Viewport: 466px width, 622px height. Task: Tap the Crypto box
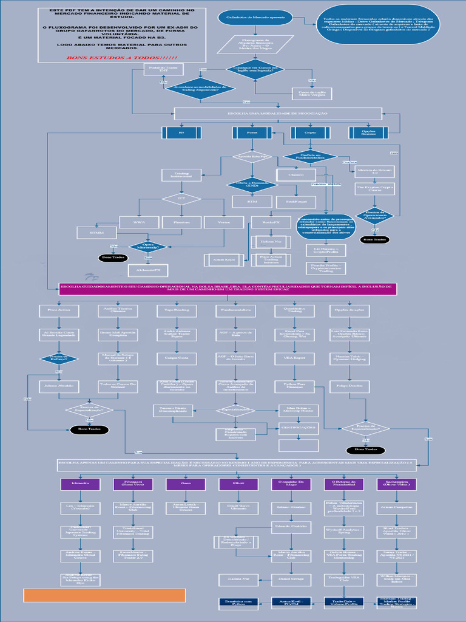click(310, 132)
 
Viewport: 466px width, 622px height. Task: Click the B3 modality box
click(181, 132)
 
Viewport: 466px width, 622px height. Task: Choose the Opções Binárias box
click(368, 132)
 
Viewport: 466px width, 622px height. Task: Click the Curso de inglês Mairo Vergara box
click(312, 94)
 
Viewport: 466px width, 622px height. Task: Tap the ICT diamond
click(181, 198)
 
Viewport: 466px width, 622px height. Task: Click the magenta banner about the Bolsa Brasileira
click(228, 289)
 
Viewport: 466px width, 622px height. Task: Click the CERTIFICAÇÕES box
click(299, 428)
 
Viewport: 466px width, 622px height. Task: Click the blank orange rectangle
click(104, 595)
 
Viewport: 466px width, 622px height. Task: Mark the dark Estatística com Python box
click(238, 602)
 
